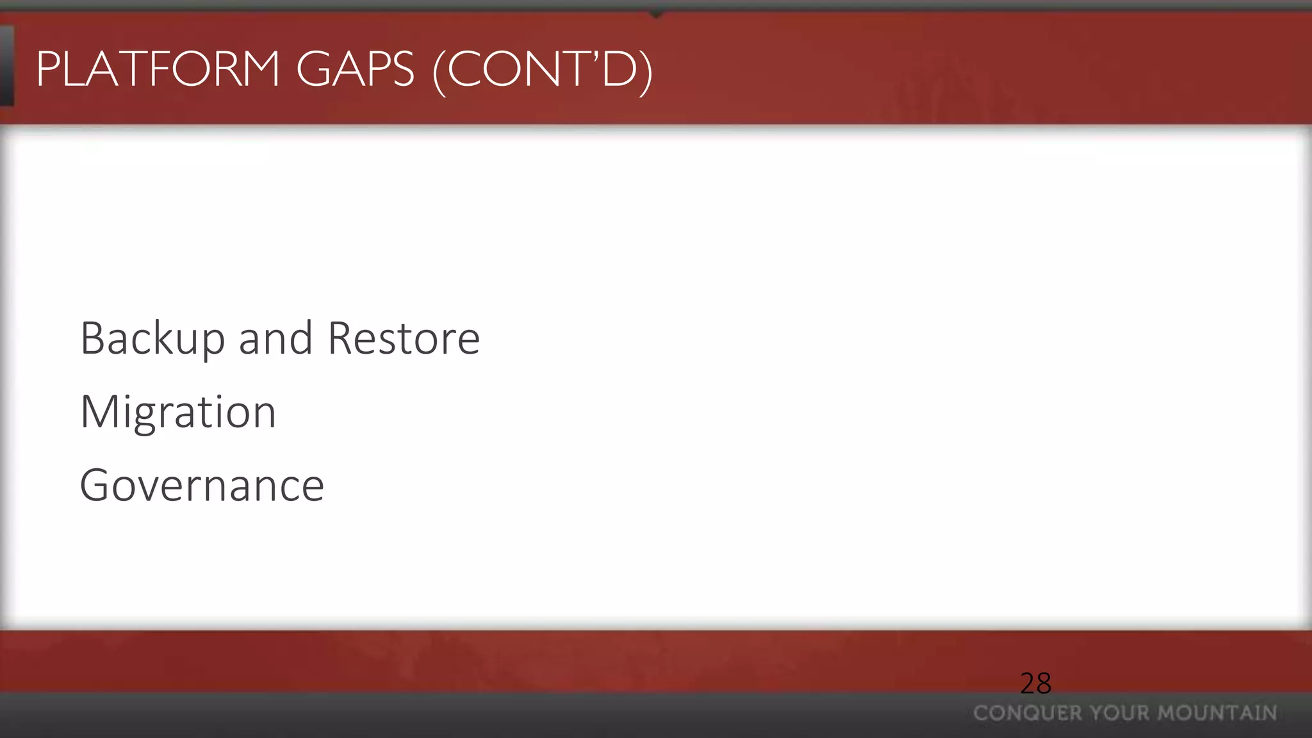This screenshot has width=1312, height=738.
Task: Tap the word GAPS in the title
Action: pyautogui.click(x=355, y=69)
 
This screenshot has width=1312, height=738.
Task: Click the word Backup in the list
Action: pyautogui.click(x=152, y=339)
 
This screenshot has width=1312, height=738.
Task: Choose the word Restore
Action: pyautogui.click(x=404, y=339)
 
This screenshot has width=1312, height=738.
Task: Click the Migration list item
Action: pyautogui.click(x=178, y=412)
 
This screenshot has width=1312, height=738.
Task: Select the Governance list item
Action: pyautogui.click(x=202, y=486)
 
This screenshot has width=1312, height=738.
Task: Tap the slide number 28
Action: pyautogui.click(x=1035, y=684)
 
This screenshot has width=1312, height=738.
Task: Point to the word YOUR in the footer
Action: pyautogui.click(x=1119, y=713)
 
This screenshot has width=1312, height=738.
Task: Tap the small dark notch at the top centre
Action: pyautogui.click(x=656, y=13)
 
